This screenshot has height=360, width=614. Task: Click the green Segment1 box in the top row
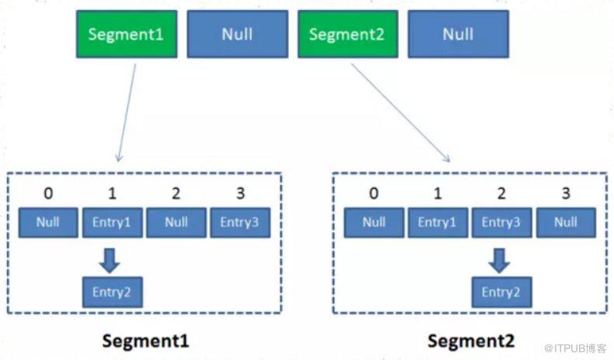(x=127, y=34)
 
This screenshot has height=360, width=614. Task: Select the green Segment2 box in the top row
(x=347, y=34)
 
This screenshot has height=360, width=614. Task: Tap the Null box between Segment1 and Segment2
(x=237, y=34)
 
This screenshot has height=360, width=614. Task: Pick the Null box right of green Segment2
(x=459, y=34)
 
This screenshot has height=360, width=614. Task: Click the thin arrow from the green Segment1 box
(x=127, y=113)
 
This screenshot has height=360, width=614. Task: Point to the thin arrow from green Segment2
(x=400, y=113)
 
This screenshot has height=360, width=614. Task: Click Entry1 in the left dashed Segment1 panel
(x=113, y=222)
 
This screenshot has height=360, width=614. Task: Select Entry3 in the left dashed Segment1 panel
(x=240, y=222)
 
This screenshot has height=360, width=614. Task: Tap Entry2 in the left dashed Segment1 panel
(x=113, y=292)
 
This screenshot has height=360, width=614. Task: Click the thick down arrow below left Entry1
(x=110, y=260)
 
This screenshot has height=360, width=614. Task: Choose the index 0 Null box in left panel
(x=48, y=222)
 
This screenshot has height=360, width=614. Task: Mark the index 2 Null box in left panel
(x=176, y=222)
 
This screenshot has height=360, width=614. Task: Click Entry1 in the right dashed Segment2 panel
(x=438, y=222)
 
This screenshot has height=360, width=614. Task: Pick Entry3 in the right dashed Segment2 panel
(x=501, y=222)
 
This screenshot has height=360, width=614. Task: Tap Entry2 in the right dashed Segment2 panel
(x=501, y=292)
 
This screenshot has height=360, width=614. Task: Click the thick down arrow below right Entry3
(x=499, y=260)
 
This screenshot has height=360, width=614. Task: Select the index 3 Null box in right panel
(x=566, y=222)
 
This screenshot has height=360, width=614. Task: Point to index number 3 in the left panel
(x=240, y=193)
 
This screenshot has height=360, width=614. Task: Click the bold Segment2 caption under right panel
(x=471, y=341)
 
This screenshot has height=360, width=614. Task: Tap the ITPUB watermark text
(x=575, y=348)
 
